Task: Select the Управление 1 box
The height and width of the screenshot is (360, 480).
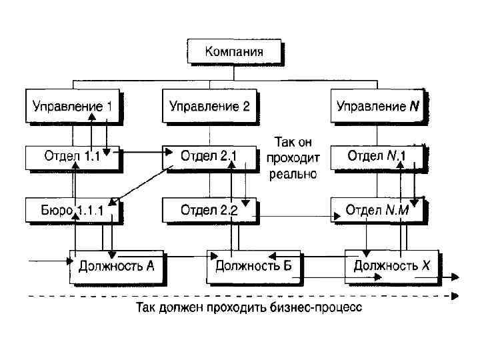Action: pos(73,105)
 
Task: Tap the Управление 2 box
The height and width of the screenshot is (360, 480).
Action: pos(209,105)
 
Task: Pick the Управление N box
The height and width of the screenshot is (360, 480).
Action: pos(377,105)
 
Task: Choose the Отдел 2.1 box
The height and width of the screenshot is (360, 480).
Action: pos(209,158)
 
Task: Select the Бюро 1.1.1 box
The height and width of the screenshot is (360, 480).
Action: pos(67,211)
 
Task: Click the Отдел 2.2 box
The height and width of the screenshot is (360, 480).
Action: pos(209,211)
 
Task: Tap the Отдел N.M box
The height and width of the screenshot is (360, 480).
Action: pos(377,211)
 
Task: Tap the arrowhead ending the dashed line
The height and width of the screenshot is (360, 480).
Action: pos(455,296)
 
